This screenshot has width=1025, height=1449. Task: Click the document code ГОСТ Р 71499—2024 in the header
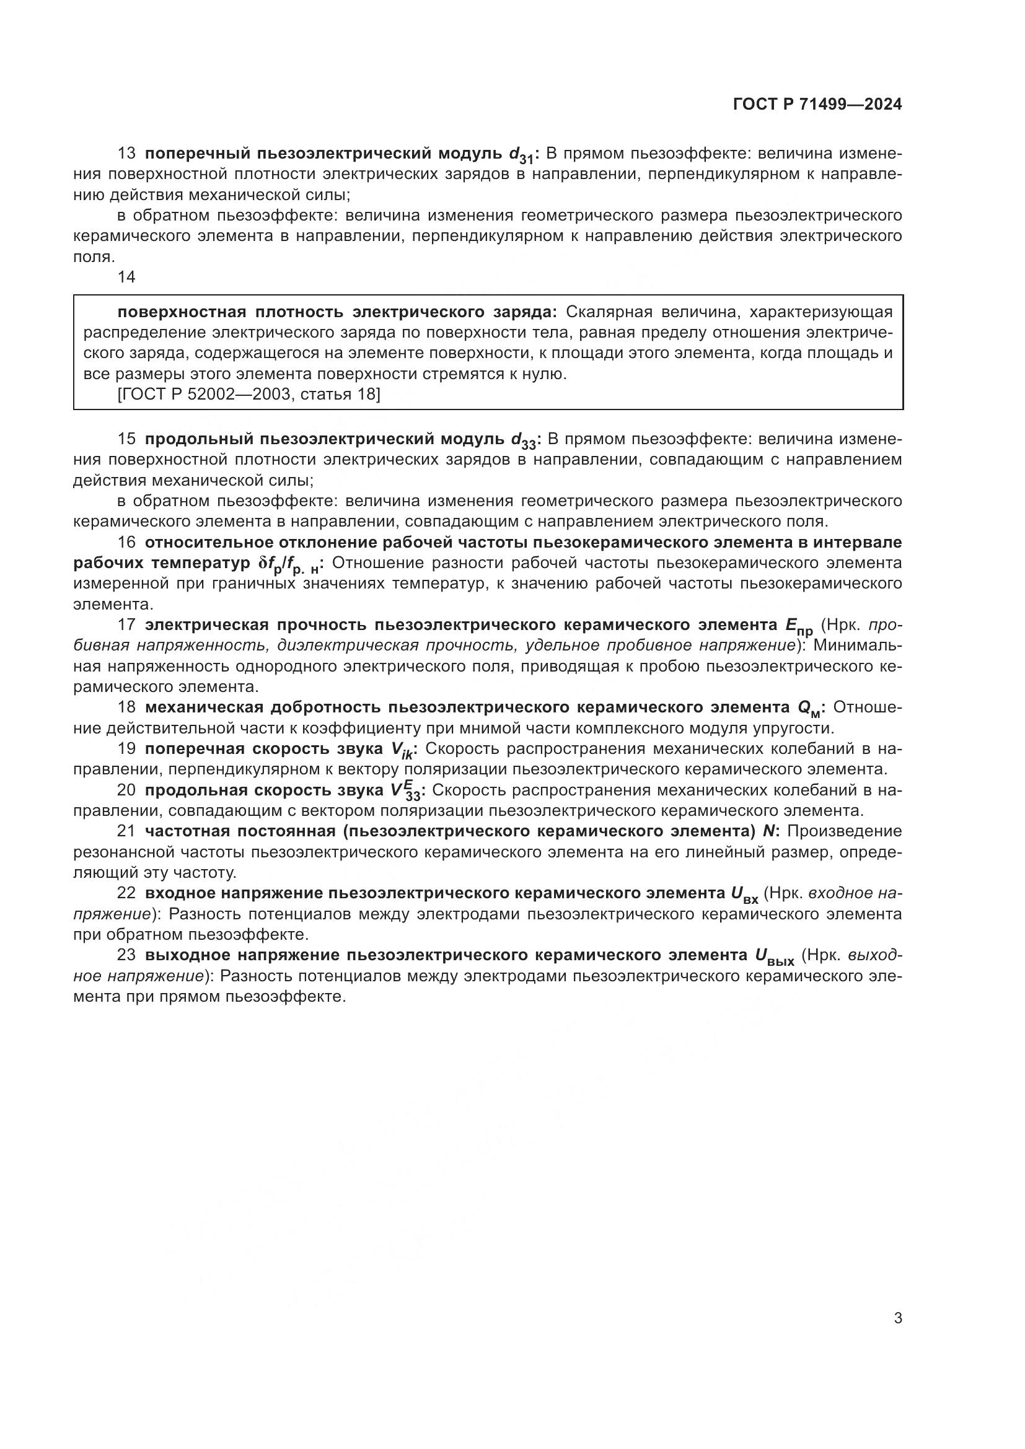817,105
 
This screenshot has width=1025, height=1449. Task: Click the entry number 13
126,154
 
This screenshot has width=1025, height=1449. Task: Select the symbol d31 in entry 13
522,155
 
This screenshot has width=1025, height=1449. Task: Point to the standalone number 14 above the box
126,277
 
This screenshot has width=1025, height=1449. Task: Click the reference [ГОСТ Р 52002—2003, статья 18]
249,395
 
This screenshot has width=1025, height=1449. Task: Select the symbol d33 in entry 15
523,440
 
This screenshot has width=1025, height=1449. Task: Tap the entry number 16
126,542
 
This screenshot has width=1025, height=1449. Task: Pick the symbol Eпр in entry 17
798,627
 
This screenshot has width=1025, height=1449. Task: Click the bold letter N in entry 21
768,831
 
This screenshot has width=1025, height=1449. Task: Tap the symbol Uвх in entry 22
744,895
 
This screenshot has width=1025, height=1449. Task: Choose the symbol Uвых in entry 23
774,957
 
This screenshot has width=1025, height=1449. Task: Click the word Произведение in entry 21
845,831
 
